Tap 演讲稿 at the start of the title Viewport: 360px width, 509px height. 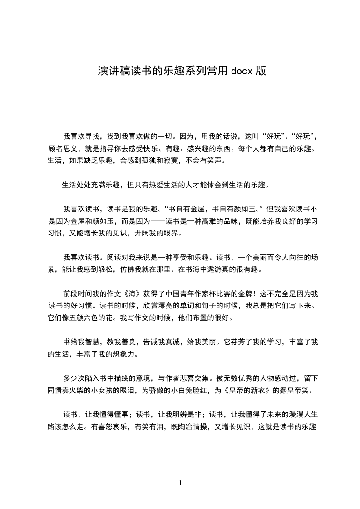click(108, 71)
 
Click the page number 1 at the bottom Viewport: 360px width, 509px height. click(180, 483)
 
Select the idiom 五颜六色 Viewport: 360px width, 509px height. click(91, 318)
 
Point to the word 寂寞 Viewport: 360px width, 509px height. click(180, 160)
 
